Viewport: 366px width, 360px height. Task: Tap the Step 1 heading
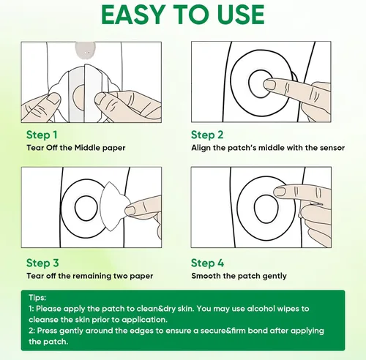(42, 135)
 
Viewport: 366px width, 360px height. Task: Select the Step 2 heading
(207, 135)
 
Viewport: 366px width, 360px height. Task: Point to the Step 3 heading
(42, 263)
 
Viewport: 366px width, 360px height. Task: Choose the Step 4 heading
(207, 263)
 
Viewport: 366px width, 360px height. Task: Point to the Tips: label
(37, 298)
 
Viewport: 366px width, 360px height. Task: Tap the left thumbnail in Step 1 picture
(53, 100)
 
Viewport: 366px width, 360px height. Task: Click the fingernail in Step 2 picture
(269, 85)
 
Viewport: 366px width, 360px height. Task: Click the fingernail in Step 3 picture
(130, 210)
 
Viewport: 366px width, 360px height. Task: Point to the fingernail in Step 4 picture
(280, 192)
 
